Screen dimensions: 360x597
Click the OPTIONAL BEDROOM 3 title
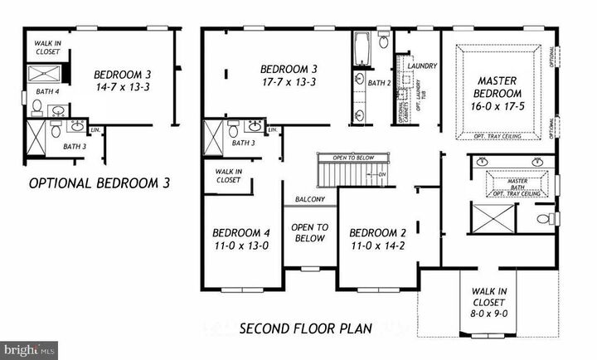pos(99,183)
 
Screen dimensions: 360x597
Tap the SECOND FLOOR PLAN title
pos(306,328)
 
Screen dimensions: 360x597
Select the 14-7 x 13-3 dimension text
pos(121,85)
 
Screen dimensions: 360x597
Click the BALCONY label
pos(310,200)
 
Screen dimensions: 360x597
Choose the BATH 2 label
pos(379,83)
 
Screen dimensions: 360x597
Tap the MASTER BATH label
pos(517,181)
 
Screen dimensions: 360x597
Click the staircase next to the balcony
pos(346,175)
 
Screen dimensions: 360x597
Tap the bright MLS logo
pos(30,350)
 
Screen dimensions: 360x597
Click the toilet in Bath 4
pos(36,107)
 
